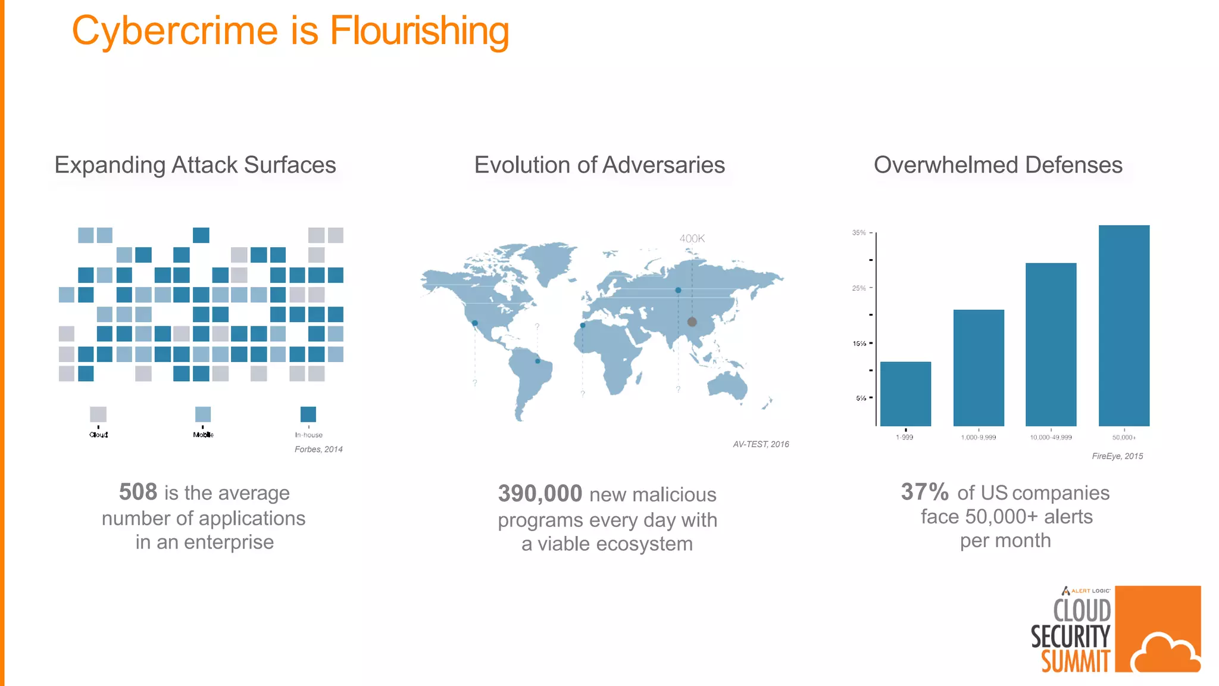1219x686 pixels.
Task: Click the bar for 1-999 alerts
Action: pos(905,394)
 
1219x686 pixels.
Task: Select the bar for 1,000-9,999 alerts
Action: pos(979,367)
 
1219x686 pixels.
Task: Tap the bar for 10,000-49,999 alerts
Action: pos(1051,344)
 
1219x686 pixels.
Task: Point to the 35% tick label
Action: pos(859,233)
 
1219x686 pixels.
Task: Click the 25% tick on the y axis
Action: pos(859,288)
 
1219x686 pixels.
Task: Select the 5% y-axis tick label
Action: pos(861,398)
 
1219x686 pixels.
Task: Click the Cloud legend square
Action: pos(98,414)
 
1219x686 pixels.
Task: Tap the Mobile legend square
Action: pos(203,414)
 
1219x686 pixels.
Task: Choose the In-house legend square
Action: pos(308,414)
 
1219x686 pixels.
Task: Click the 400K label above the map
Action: pos(692,239)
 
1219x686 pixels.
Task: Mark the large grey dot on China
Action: pos(692,322)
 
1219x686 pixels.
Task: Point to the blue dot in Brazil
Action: pos(537,361)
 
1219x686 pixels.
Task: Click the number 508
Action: pos(138,492)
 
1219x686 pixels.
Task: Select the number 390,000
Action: pos(540,494)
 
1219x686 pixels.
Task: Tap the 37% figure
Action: pos(924,492)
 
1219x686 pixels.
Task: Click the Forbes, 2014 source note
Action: pos(318,450)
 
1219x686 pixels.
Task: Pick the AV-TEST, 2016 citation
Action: pos(761,444)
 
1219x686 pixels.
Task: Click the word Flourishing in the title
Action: pos(419,31)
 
